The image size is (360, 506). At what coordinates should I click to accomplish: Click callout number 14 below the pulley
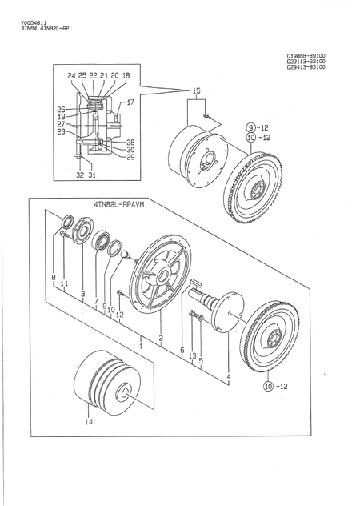pos(90,421)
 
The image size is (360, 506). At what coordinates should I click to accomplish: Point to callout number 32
pos(79,174)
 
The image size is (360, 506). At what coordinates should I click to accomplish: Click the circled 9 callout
pos(250,127)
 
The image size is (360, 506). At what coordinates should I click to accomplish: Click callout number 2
pos(160,339)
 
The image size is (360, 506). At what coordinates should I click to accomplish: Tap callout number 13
pos(192,355)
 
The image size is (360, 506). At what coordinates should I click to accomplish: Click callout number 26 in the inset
pos(61,109)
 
